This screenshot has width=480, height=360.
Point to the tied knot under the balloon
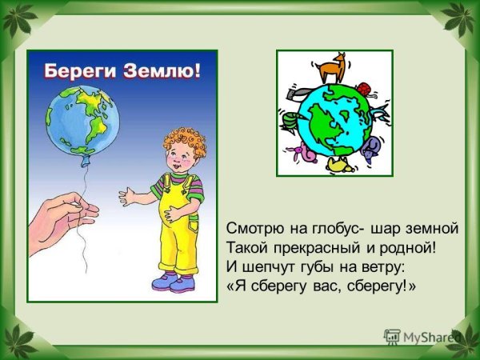[81, 170]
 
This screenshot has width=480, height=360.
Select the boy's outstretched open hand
[127, 195]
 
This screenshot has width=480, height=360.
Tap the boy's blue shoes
[172, 282]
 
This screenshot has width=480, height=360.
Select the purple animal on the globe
[370, 148]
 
